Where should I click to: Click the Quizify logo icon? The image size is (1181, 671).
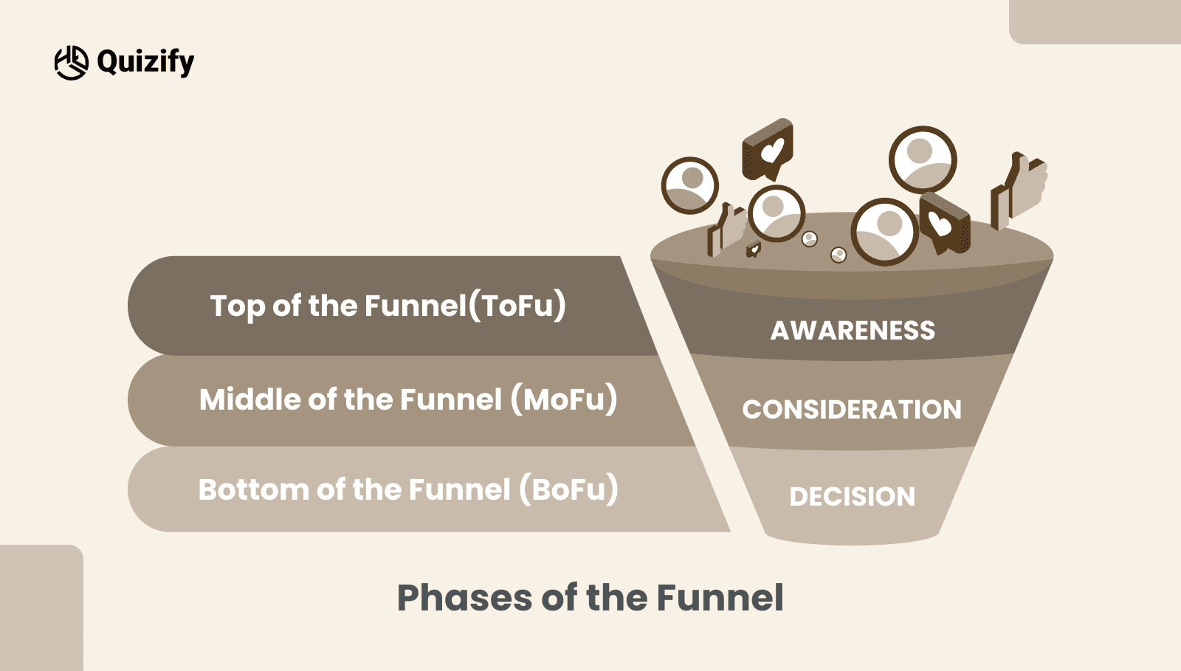pyautogui.click(x=71, y=62)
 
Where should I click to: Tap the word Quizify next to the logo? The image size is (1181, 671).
pyautogui.click(x=145, y=62)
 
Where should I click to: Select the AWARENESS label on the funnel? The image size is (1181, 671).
pyautogui.click(x=853, y=331)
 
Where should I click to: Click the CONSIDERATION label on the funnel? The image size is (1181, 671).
pyautogui.click(x=852, y=410)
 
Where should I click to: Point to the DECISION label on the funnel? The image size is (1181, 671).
pyautogui.click(x=852, y=497)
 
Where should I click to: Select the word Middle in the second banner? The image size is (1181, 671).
pyautogui.click(x=249, y=399)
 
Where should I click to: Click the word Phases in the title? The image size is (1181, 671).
pyautogui.click(x=464, y=598)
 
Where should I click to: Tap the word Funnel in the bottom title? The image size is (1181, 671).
pyautogui.click(x=720, y=598)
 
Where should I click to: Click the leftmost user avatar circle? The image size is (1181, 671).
pyautogui.click(x=690, y=185)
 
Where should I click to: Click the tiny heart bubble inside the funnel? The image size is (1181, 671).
pyautogui.click(x=753, y=250)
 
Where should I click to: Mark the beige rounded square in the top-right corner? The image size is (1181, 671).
pyautogui.click(x=1095, y=21)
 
